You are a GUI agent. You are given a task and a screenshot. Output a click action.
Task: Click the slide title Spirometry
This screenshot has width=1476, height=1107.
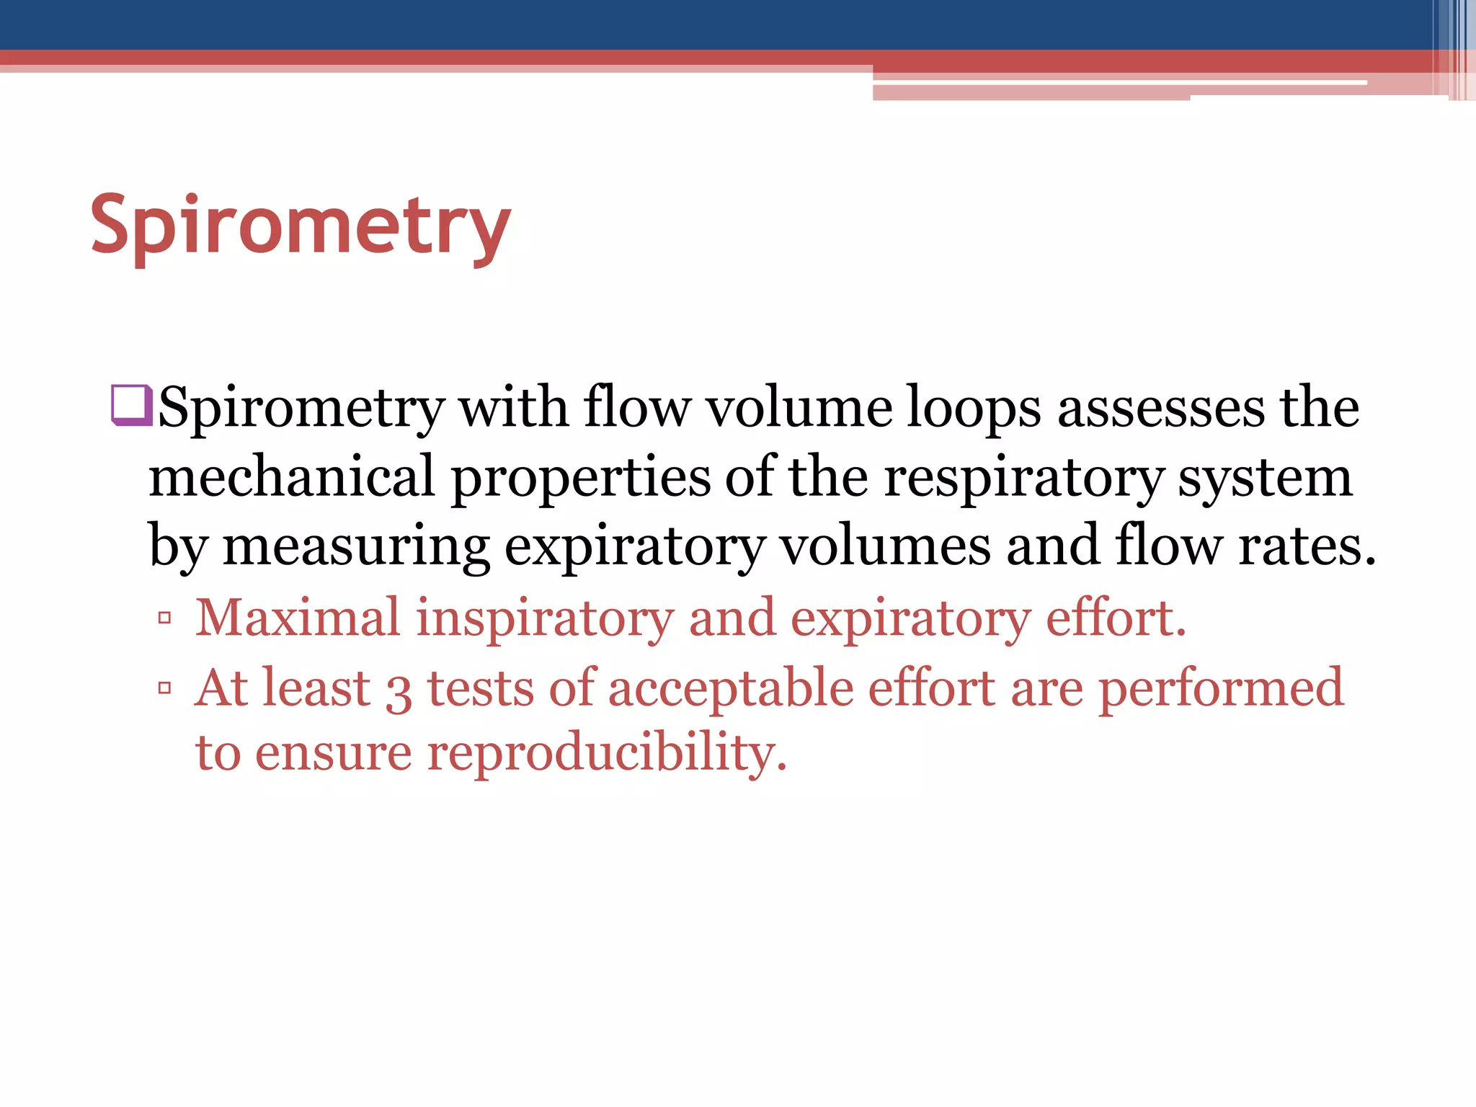pyautogui.click(x=301, y=226)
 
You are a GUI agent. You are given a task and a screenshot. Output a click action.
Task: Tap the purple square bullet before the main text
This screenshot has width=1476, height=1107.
pyautogui.click(x=131, y=405)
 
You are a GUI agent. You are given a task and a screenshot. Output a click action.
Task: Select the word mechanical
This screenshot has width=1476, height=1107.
pyautogui.click(x=292, y=477)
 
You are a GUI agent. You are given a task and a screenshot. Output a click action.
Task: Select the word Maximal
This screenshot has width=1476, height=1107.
pyautogui.click(x=298, y=618)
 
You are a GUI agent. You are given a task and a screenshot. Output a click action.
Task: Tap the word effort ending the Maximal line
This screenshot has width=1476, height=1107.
pyautogui.click(x=1114, y=618)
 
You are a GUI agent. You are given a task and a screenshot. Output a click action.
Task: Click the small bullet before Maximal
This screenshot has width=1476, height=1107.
pyautogui.click(x=165, y=618)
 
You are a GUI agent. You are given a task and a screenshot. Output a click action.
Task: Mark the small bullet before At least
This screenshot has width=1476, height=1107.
pyautogui.click(x=165, y=688)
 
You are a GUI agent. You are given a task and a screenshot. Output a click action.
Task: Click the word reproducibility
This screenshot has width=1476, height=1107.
pyautogui.click(x=607, y=754)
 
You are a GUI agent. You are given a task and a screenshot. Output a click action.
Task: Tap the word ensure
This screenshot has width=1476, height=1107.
pyautogui.click(x=334, y=754)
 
